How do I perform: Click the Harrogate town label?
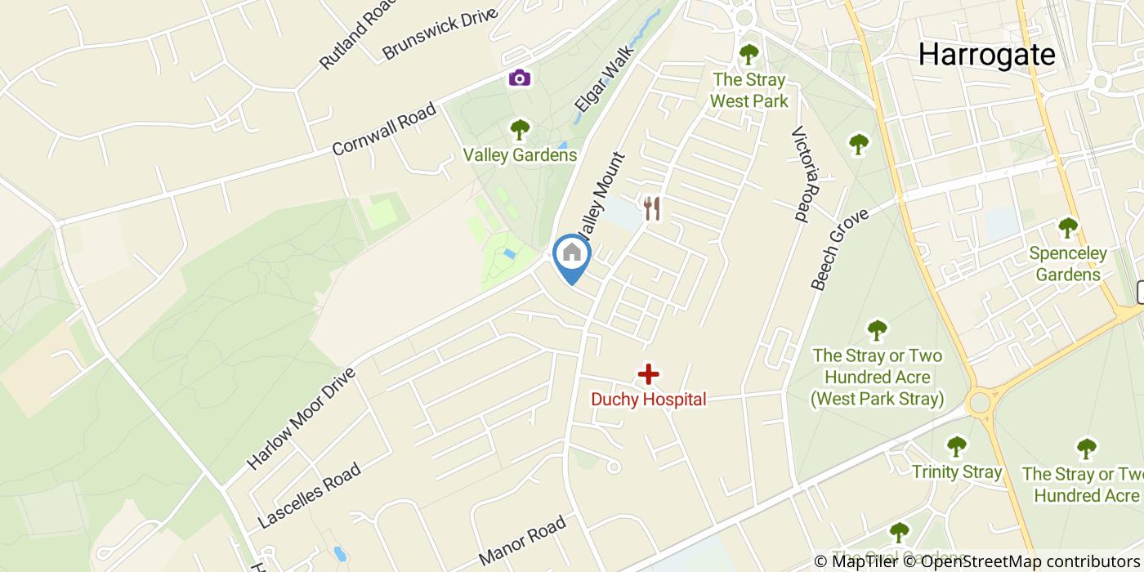pos(986,55)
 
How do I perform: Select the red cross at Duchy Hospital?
pos(648,375)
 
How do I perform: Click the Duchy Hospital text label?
pos(648,400)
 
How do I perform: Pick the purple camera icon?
pos(520,78)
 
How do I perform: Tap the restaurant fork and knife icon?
pos(651,208)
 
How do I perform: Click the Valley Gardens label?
pos(520,155)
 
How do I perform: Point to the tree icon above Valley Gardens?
pos(520,130)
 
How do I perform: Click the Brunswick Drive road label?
pos(440,34)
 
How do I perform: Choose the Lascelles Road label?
pos(309,496)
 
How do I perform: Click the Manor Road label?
pos(522,540)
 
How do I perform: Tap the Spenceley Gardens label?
pos(1068,264)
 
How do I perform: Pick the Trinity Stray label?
pos(957,472)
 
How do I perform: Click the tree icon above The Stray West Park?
pos(749,55)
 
